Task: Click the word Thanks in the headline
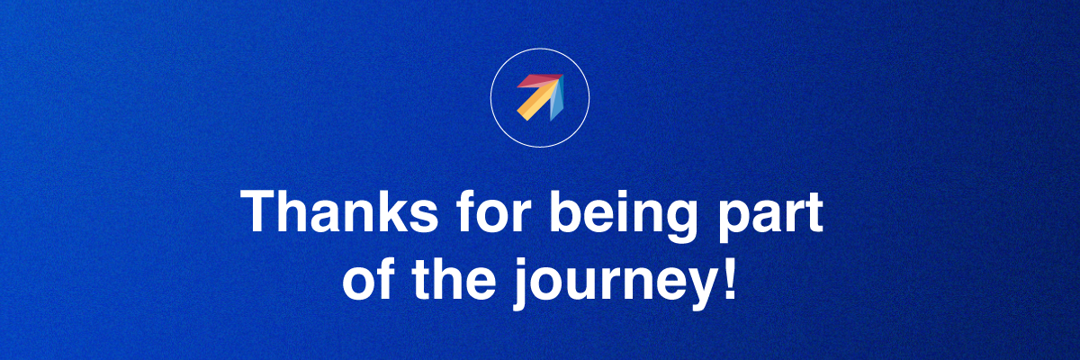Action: click(x=339, y=211)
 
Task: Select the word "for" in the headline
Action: click(x=494, y=211)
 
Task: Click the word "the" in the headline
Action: click(x=454, y=279)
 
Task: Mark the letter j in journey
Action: click(x=521, y=283)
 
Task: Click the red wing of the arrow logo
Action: click(x=537, y=81)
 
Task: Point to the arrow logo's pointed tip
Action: click(x=562, y=76)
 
